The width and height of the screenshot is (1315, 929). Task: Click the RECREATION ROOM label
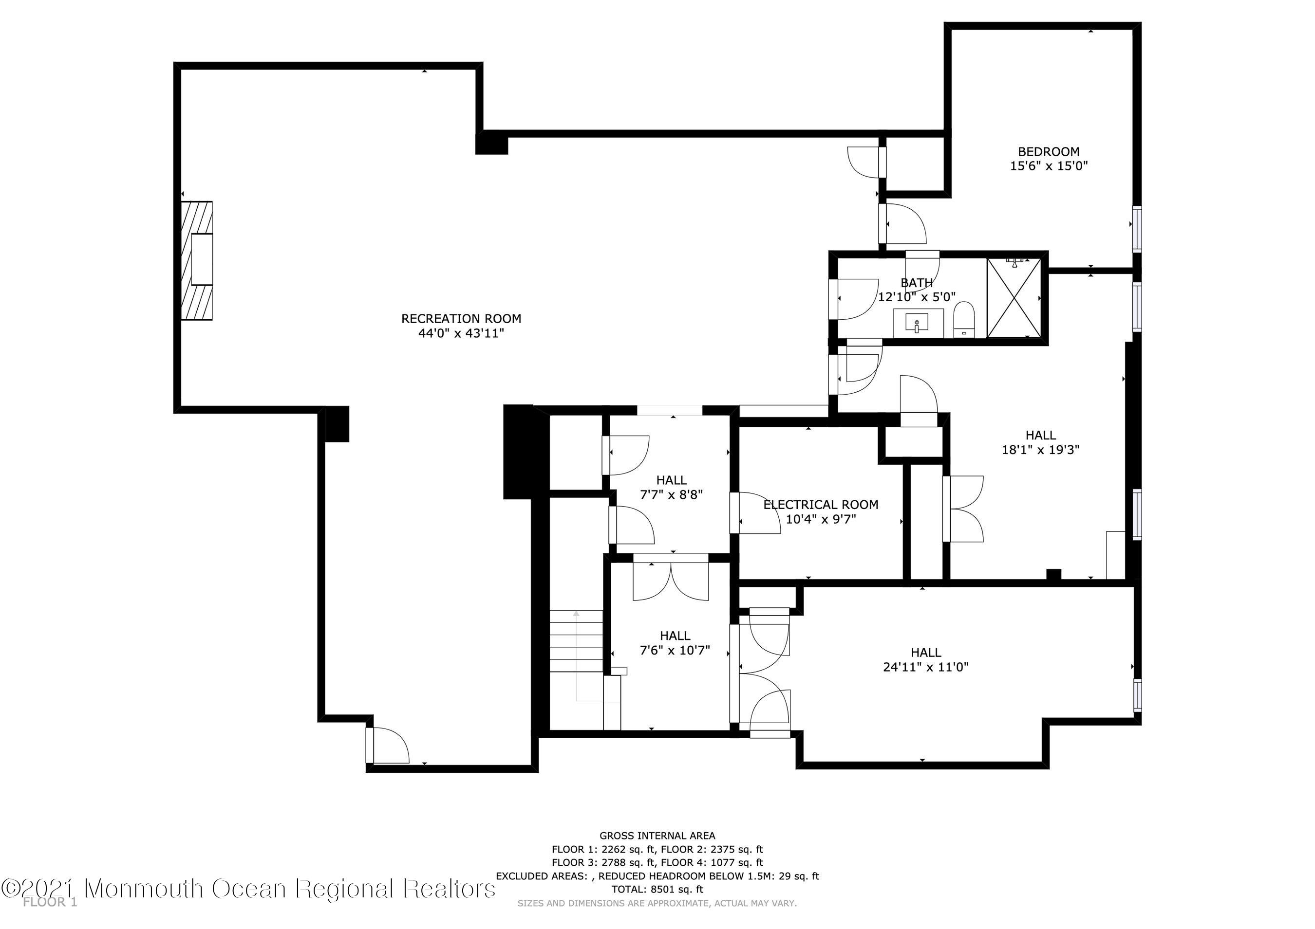[461, 318]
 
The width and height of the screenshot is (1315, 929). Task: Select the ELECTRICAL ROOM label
[821, 504]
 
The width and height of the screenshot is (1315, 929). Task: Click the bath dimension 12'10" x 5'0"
[917, 297]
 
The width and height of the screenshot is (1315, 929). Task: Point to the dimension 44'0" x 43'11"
[461, 333]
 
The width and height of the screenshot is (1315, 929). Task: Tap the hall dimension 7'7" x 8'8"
[671, 494]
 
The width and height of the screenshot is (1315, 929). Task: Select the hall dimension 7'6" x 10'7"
[675, 650]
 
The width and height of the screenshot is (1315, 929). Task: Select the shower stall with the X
[1014, 298]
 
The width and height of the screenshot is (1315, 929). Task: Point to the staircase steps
[576, 641]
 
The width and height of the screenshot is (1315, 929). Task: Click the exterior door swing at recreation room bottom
[388, 745]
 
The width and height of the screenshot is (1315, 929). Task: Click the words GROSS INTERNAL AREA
[657, 836]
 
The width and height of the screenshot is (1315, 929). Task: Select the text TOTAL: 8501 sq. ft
[657, 889]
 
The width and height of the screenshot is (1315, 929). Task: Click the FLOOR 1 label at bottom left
[50, 903]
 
